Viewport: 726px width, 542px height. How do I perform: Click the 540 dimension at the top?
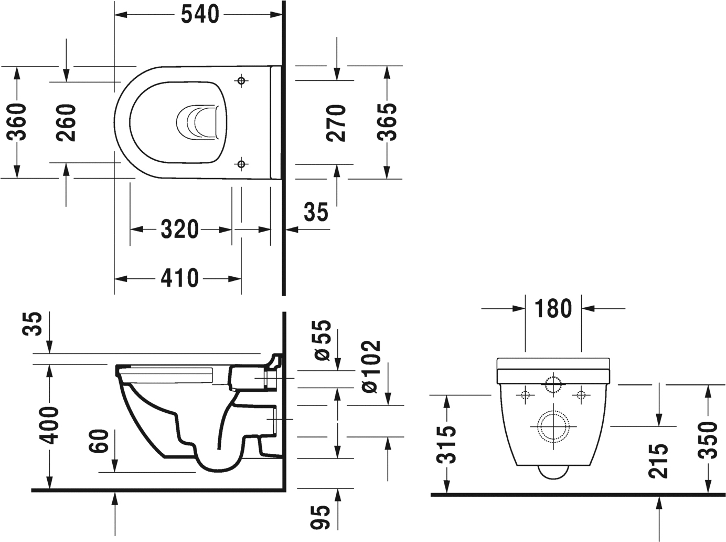pos(199,15)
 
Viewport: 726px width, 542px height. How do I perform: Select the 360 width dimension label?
pos(17,122)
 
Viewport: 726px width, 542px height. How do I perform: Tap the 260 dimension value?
pos(67,122)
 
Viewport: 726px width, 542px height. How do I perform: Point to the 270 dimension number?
pos(336,123)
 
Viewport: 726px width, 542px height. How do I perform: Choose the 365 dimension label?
pos(387,122)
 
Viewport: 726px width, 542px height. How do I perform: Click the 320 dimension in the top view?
pos(179,230)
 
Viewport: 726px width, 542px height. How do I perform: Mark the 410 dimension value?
pos(179,278)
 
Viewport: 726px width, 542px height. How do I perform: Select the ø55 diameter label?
pos(323,340)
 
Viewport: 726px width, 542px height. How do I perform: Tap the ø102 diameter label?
pos(370,367)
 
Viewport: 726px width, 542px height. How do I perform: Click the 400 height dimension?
pos(50,425)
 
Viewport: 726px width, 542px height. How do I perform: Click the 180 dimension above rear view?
pos(553,309)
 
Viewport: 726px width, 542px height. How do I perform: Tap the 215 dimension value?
pos(659,461)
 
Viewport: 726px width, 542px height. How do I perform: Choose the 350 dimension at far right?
pos(709,440)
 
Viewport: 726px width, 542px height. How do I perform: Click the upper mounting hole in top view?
pos(241,80)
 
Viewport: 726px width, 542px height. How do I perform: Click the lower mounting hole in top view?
pos(241,164)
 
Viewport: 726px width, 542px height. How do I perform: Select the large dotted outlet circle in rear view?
pos(554,425)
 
